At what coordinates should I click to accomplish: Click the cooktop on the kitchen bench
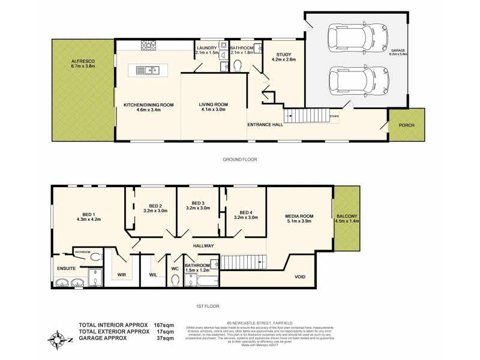pyautogui.click(x=148, y=44)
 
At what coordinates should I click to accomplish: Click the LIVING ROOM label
pyautogui.click(x=214, y=104)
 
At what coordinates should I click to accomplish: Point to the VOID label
pyautogui.click(x=300, y=277)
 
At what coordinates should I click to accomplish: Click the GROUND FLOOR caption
pyautogui.click(x=240, y=160)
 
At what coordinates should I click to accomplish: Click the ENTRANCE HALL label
pyautogui.click(x=264, y=125)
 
